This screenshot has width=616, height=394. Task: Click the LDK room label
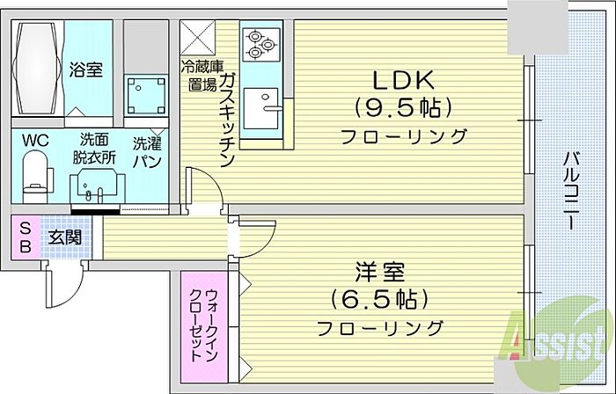(x=404, y=82)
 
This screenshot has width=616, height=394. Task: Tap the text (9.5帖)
(x=404, y=108)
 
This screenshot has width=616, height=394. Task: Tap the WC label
(x=34, y=139)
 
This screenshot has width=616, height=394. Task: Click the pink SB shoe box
(x=25, y=236)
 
